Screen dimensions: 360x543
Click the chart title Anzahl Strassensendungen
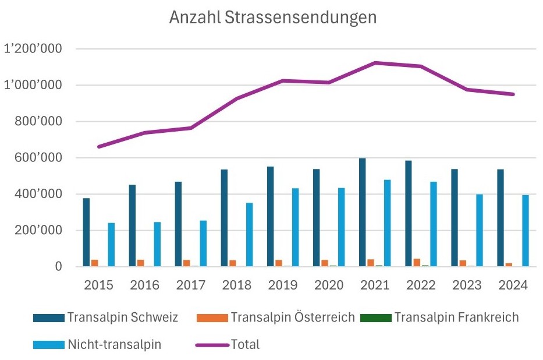coord(272,17)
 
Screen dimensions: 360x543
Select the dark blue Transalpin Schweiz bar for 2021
coord(363,213)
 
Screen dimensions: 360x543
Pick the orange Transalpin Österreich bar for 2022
coord(417,263)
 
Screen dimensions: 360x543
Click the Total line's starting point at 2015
coord(98,147)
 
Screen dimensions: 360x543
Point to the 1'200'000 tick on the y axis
coord(33,49)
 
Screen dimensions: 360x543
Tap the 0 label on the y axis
coord(58,267)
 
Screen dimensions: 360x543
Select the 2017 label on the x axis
coord(190,285)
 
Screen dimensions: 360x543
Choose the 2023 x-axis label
coord(467,285)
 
